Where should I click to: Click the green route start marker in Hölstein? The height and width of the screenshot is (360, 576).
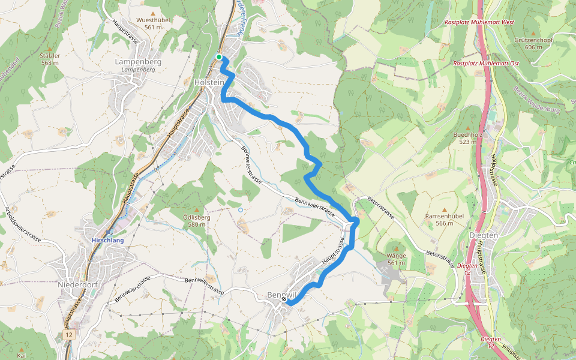pyautogui.click(x=219, y=57)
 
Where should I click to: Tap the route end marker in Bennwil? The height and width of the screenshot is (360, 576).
pyautogui.click(x=284, y=298)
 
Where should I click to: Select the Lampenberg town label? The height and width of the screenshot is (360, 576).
pyautogui.click(x=138, y=62)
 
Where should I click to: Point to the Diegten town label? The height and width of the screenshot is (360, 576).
pyautogui.click(x=484, y=236)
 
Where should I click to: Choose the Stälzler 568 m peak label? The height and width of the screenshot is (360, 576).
pyautogui.click(x=50, y=59)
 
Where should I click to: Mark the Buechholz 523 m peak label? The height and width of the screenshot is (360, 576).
pyautogui.click(x=469, y=138)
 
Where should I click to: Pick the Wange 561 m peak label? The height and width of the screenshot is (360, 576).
pyautogui.click(x=397, y=259)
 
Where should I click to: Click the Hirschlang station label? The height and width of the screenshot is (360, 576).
pyautogui.click(x=108, y=240)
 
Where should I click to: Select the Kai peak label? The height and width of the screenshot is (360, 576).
pyautogui.click(x=22, y=355)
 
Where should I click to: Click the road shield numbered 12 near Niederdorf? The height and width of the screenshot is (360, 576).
pyautogui.click(x=70, y=334)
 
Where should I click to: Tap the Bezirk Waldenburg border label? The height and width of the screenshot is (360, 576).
pyautogui.click(x=536, y=99)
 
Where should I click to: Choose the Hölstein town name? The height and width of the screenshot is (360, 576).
pyautogui.click(x=209, y=82)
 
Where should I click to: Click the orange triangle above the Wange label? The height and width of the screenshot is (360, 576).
pyautogui.click(x=395, y=247)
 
